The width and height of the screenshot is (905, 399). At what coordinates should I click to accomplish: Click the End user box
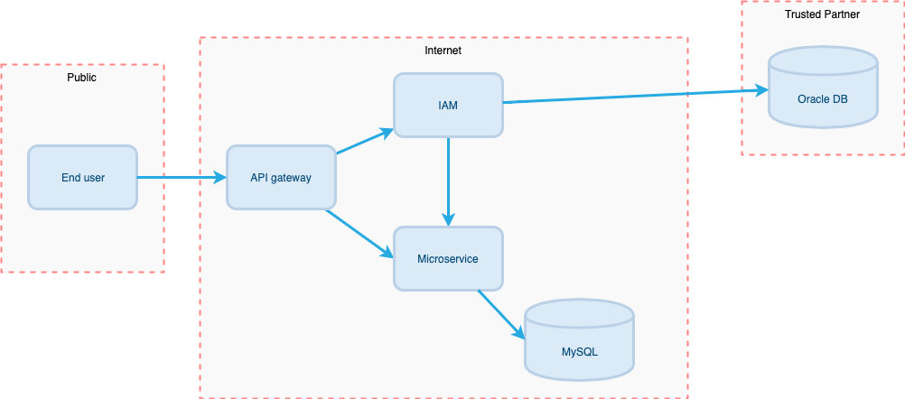(x=82, y=177)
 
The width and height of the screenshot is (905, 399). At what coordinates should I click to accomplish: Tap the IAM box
(x=448, y=106)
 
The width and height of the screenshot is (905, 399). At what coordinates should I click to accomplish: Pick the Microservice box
(x=448, y=259)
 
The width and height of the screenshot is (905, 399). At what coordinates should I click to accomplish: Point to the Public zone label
(x=81, y=78)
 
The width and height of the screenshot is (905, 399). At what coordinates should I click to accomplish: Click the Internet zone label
(x=443, y=51)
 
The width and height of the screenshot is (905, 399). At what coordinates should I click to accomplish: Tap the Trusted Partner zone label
(x=822, y=14)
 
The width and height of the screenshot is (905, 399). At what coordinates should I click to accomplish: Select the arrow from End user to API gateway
(x=181, y=177)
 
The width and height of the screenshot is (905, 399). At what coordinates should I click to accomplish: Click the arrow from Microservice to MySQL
(x=501, y=313)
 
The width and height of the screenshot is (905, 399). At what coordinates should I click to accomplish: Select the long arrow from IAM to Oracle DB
(x=632, y=97)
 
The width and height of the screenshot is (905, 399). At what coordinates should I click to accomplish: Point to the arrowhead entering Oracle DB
(x=760, y=90)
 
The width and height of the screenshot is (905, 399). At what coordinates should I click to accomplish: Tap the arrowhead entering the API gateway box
(x=219, y=177)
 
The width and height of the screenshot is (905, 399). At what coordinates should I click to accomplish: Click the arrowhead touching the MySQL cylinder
(x=519, y=332)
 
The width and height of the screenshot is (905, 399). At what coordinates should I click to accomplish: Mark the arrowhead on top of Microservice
(x=448, y=219)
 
